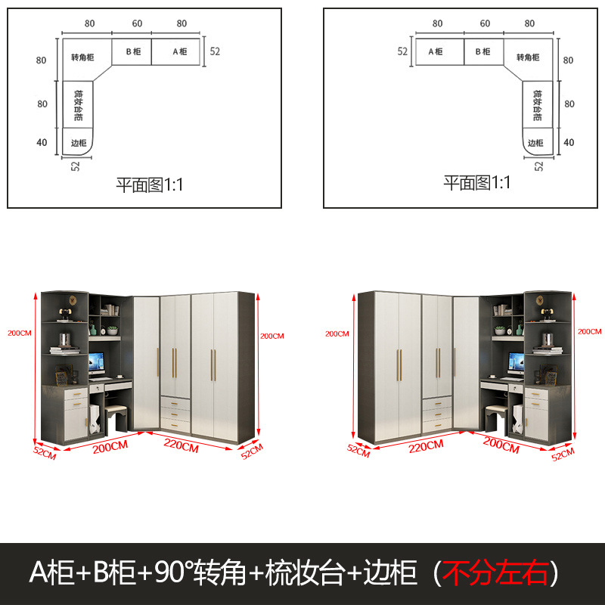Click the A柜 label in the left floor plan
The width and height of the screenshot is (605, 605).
click(x=180, y=52)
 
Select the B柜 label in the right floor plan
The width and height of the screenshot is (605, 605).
click(x=482, y=52)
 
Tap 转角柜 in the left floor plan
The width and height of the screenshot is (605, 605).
click(x=82, y=57)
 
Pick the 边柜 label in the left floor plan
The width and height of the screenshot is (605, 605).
click(x=79, y=142)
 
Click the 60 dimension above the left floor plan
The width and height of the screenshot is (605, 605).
click(x=138, y=23)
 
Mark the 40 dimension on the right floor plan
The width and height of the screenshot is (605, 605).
click(x=569, y=142)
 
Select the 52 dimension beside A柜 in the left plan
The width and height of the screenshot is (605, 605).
click(x=215, y=52)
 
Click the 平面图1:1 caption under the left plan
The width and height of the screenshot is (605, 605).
click(x=149, y=184)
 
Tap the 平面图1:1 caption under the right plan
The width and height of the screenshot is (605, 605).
click(x=476, y=183)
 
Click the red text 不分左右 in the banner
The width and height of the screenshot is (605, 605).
click(x=495, y=573)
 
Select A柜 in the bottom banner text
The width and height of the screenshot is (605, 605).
click(x=51, y=573)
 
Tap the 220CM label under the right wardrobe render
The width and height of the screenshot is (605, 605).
click(x=425, y=445)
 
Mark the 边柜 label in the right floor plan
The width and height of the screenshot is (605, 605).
click(x=535, y=142)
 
